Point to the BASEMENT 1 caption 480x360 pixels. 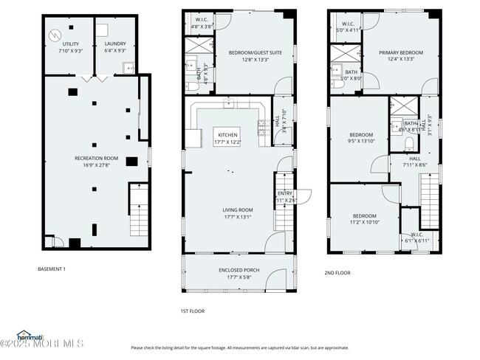tap(52, 269)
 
